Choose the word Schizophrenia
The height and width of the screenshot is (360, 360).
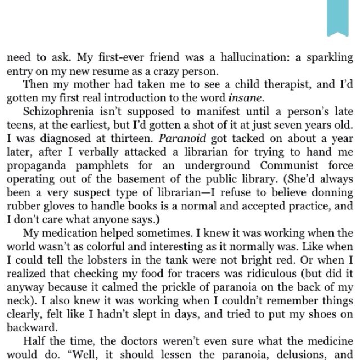point(55,112)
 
